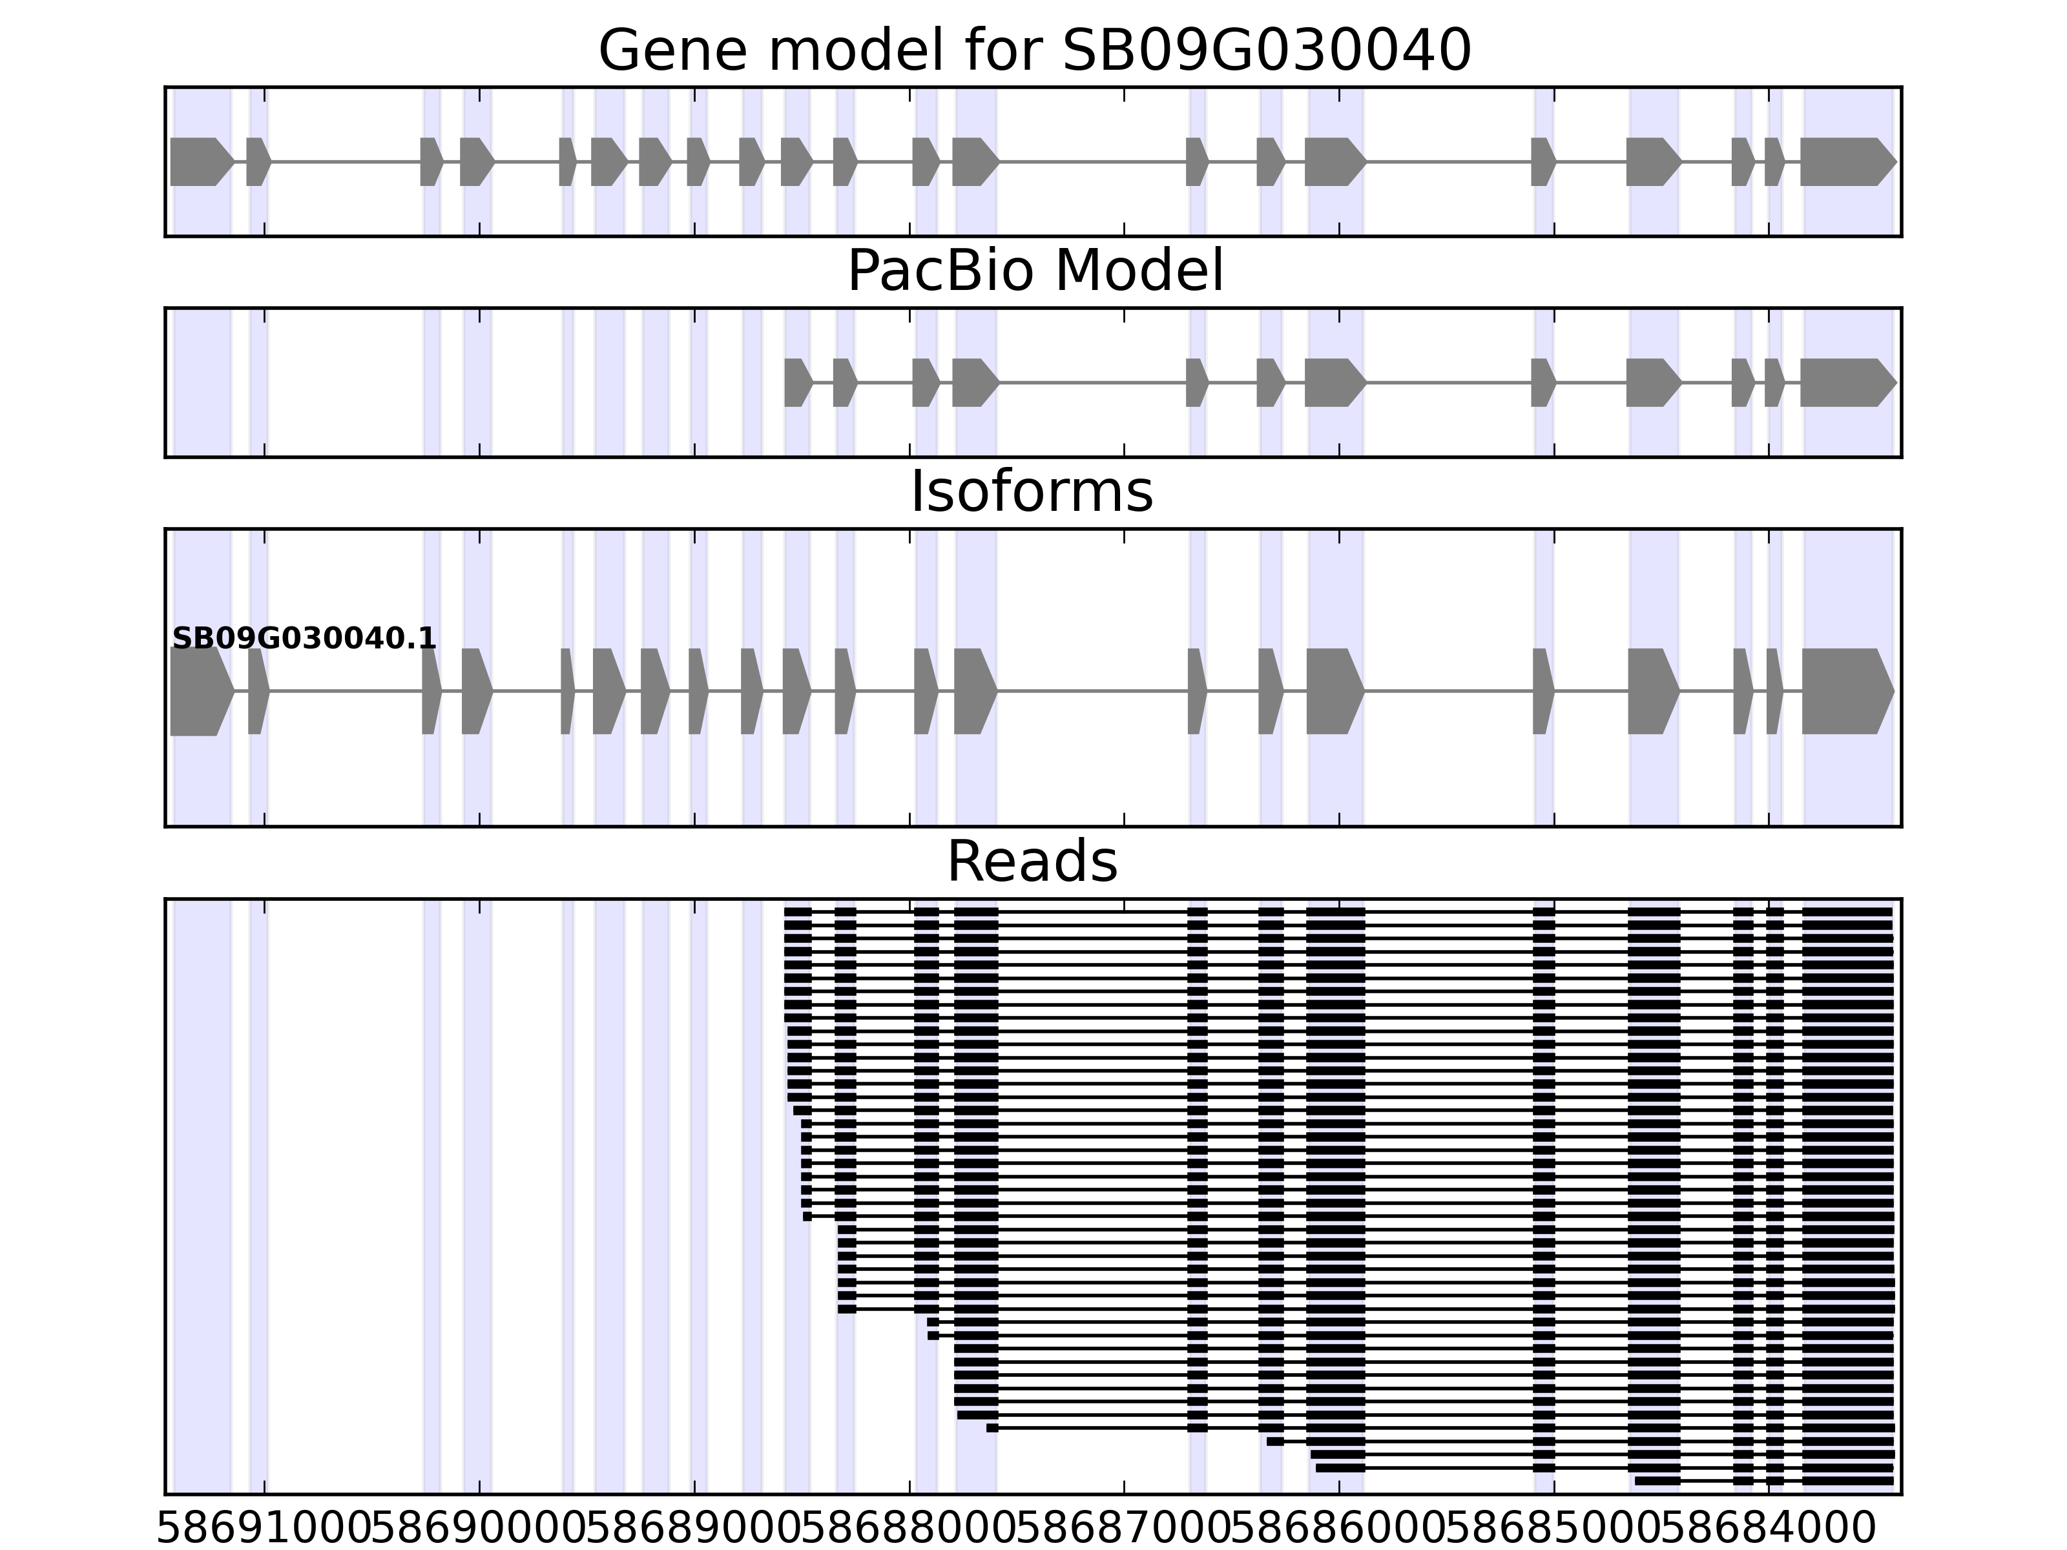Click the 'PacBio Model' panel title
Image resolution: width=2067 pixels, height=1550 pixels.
point(1034,271)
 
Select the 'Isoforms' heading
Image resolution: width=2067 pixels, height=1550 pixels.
point(1032,492)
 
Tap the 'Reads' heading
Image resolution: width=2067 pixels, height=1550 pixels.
point(1032,862)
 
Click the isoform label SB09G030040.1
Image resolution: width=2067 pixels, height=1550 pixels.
point(304,639)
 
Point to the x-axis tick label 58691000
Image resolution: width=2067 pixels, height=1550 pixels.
point(264,1529)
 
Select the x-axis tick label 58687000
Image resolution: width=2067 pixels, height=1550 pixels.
point(1124,1529)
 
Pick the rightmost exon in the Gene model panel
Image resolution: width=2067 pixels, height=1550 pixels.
point(1845,161)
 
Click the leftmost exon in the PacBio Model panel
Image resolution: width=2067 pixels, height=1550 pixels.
point(797,382)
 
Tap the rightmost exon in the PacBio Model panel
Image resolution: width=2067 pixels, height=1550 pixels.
point(1845,382)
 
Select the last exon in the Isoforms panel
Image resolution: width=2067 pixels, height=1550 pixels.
point(1845,692)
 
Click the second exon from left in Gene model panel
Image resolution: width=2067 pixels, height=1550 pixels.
point(258,161)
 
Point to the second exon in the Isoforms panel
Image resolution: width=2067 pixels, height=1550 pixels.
point(258,692)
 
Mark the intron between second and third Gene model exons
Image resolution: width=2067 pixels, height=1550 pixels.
point(346,161)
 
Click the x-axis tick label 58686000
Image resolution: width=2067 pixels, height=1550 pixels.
point(1339,1529)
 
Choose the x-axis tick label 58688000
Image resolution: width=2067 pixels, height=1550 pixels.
point(909,1529)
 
